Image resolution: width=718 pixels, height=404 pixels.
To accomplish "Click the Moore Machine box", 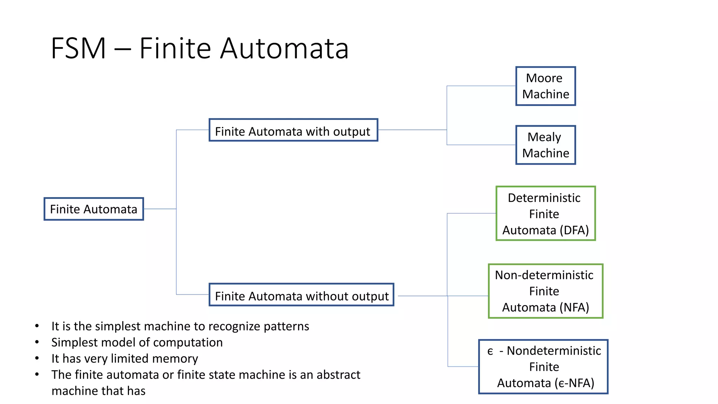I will [x=546, y=86].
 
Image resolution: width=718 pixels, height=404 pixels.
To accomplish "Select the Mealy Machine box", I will [x=546, y=145].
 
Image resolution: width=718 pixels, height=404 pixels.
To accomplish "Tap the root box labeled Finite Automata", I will [x=94, y=209].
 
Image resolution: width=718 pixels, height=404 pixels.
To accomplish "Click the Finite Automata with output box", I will [x=293, y=130].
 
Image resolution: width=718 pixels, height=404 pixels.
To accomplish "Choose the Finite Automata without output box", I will [x=302, y=295].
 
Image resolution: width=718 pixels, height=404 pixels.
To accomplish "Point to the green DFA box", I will [x=546, y=214].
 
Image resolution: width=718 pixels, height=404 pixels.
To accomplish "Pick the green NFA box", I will [x=546, y=291].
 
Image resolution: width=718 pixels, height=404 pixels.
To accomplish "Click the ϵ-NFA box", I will [x=543, y=367].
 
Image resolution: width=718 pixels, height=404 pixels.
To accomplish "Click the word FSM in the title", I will [x=78, y=48].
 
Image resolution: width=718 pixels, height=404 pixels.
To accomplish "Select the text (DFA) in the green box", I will [x=574, y=230].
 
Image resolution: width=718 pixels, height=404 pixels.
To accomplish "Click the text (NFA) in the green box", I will [x=574, y=308].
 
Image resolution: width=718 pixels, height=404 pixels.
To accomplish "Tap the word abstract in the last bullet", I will [x=338, y=375].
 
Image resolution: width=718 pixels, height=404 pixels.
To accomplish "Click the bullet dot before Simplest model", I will [x=37, y=342].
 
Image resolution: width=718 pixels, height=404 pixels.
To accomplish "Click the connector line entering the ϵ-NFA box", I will [x=463, y=366].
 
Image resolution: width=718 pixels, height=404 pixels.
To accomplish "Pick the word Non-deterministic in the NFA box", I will [x=544, y=275].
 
